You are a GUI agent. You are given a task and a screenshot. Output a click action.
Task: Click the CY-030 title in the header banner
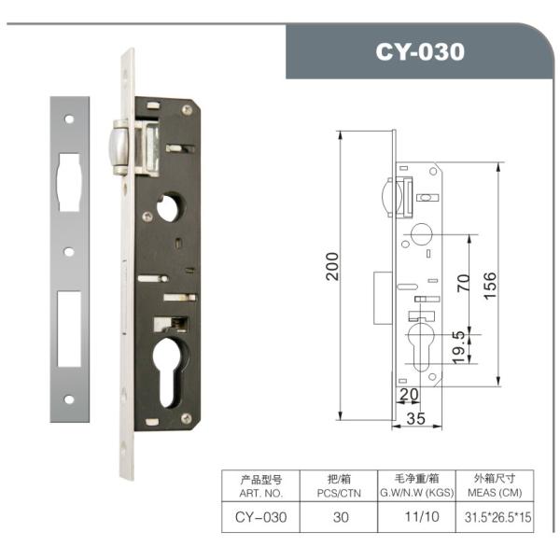pyautogui.click(x=419, y=52)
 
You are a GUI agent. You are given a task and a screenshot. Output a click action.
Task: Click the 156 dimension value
pyautogui.click(x=489, y=281)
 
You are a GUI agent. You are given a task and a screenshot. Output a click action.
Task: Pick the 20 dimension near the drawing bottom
pyautogui.click(x=408, y=396)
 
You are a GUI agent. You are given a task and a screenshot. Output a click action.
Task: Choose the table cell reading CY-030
pyautogui.click(x=260, y=515)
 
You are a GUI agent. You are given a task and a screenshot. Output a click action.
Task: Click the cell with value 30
pyautogui.click(x=341, y=515)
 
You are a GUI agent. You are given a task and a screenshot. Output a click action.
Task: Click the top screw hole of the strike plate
pyautogui.click(x=68, y=119)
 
